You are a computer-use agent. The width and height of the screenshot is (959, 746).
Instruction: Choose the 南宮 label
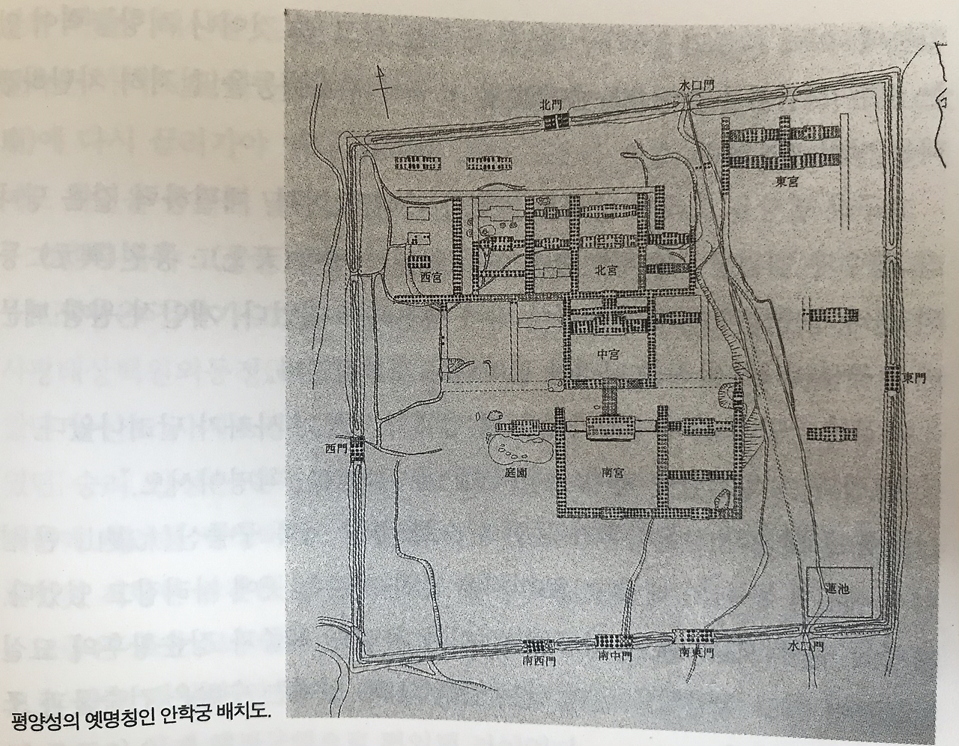point(612,473)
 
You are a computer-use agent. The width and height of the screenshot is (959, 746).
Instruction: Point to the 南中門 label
point(614,657)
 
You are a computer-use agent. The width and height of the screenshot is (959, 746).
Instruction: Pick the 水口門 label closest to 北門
point(694,85)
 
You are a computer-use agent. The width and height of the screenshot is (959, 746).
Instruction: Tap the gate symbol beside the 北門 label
point(555,122)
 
